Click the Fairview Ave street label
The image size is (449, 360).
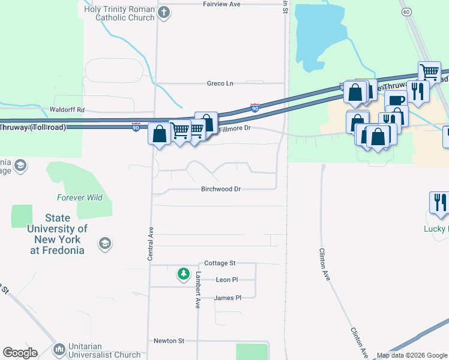point(221,4)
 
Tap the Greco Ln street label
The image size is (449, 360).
point(220,83)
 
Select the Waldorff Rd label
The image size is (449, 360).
point(67,110)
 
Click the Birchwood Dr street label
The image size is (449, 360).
point(221,189)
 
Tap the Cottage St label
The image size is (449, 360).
point(220,263)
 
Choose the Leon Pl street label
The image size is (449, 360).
point(227,280)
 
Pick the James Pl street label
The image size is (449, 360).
point(228,298)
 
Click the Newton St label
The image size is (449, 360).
point(169,341)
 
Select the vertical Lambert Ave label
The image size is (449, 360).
point(197,290)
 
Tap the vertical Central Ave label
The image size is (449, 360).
point(151,243)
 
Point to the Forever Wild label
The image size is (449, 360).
point(80,197)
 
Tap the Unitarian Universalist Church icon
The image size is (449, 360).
point(59,349)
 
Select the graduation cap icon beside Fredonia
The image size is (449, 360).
point(104,243)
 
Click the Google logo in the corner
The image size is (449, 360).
point(20,353)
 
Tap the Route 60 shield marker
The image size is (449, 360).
point(406,12)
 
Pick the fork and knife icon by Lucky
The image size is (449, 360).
point(441,203)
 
